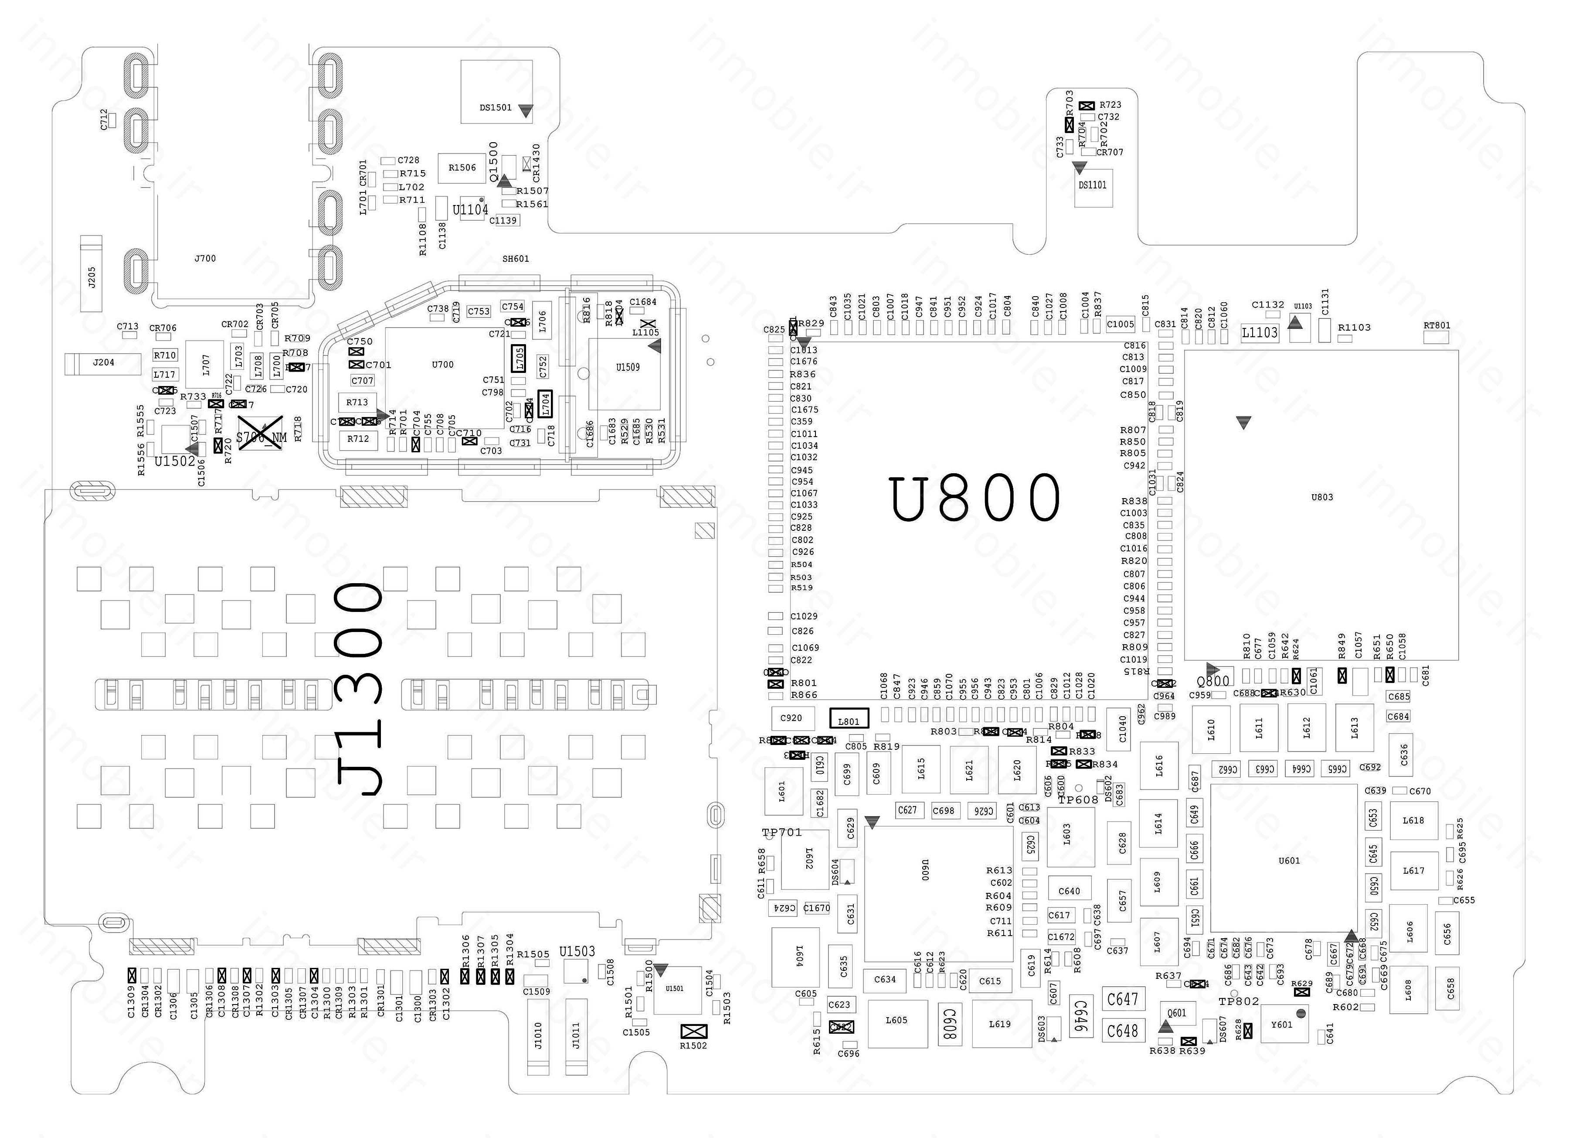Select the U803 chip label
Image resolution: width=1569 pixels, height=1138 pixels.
(x=1322, y=497)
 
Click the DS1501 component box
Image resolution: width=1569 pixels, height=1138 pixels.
(x=497, y=91)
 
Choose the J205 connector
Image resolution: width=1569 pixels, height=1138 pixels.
(x=92, y=273)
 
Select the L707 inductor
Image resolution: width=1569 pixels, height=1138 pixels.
(x=205, y=365)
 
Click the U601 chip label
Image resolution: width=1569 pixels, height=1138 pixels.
(x=1289, y=861)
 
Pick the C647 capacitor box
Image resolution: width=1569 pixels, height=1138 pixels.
(x=1123, y=999)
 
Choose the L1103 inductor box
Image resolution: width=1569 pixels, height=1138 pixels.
(x=1260, y=333)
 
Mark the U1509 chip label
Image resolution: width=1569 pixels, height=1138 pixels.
(x=628, y=368)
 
